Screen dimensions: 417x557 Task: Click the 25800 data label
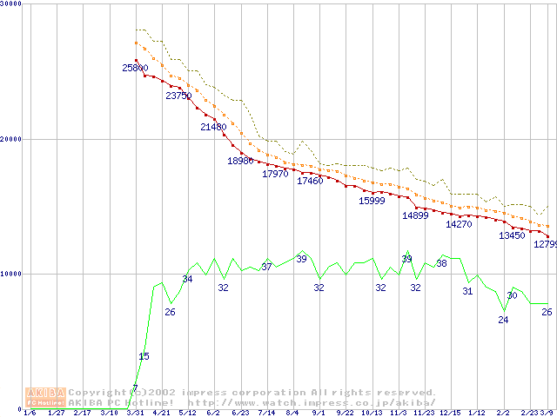[x=135, y=68]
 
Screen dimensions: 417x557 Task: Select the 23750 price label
[x=178, y=96]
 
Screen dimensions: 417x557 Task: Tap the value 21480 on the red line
[x=213, y=127]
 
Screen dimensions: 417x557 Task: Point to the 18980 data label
[x=241, y=161]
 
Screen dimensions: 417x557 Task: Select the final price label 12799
[x=545, y=244]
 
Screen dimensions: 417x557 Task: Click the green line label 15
[x=144, y=356]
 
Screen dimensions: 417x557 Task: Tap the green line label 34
[x=187, y=279]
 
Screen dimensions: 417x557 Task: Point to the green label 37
[x=266, y=267]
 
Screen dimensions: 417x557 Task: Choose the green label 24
[x=503, y=320]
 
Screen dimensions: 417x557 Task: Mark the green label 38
[x=441, y=263]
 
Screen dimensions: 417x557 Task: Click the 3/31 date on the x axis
[x=134, y=412]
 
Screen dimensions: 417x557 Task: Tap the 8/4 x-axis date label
[x=292, y=412]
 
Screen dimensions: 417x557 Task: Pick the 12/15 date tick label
[x=450, y=412]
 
